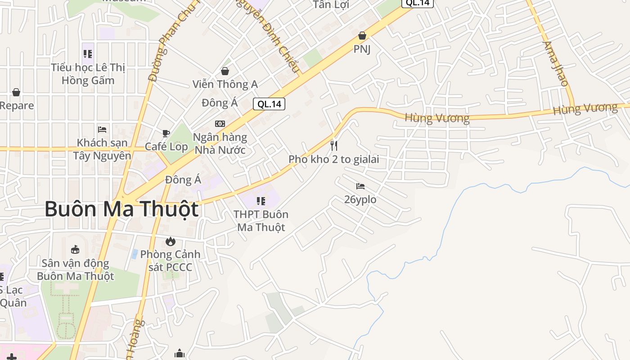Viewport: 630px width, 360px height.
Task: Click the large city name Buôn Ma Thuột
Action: click(121, 210)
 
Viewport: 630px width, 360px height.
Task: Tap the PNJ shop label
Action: click(362, 49)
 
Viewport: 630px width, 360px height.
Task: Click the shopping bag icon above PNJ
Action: click(362, 36)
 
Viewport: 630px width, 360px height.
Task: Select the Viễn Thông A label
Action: click(225, 84)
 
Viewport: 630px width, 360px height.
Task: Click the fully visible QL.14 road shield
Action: click(269, 104)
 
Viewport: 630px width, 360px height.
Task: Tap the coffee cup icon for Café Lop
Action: click(166, 133)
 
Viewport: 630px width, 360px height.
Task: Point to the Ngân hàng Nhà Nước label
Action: click(220, 143)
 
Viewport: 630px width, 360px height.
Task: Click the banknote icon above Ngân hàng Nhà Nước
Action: click(220, 124)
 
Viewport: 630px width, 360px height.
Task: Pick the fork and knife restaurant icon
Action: click(334, 145)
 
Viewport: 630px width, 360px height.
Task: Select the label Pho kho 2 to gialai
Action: click(334, 159)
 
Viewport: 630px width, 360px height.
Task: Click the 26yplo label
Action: click(360, 199)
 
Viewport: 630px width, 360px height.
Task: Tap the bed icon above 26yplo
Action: click(360, 186)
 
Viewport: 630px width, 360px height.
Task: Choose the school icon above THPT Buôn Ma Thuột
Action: click(261, 201)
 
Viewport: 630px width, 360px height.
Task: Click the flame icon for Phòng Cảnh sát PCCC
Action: click(170, 241)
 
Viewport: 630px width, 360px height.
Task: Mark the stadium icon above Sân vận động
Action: click(75, 250)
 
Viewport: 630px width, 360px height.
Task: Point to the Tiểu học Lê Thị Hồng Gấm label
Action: click(88, 74)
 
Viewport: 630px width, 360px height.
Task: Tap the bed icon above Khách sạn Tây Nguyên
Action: click(102, 130)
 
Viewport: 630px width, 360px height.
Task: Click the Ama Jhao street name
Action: click(556, 63)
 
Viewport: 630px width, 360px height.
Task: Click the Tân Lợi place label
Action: click(331, 4)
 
